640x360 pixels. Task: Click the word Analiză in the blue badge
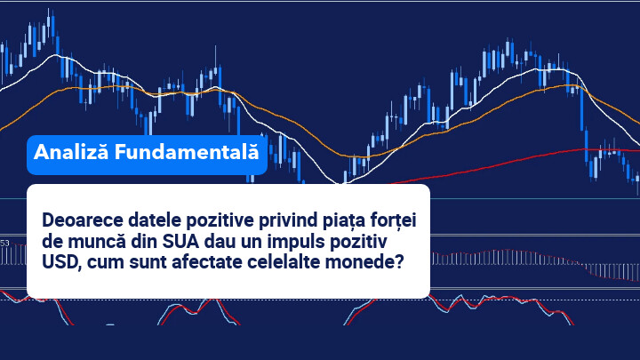click(71, 152)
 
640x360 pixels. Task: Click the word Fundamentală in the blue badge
click(187, 152)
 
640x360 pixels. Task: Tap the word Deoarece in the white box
click(83, 220)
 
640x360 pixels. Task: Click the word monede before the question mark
click(360, 261)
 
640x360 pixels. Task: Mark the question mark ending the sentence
click(399, 261)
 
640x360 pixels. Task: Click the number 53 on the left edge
click(4, 244)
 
